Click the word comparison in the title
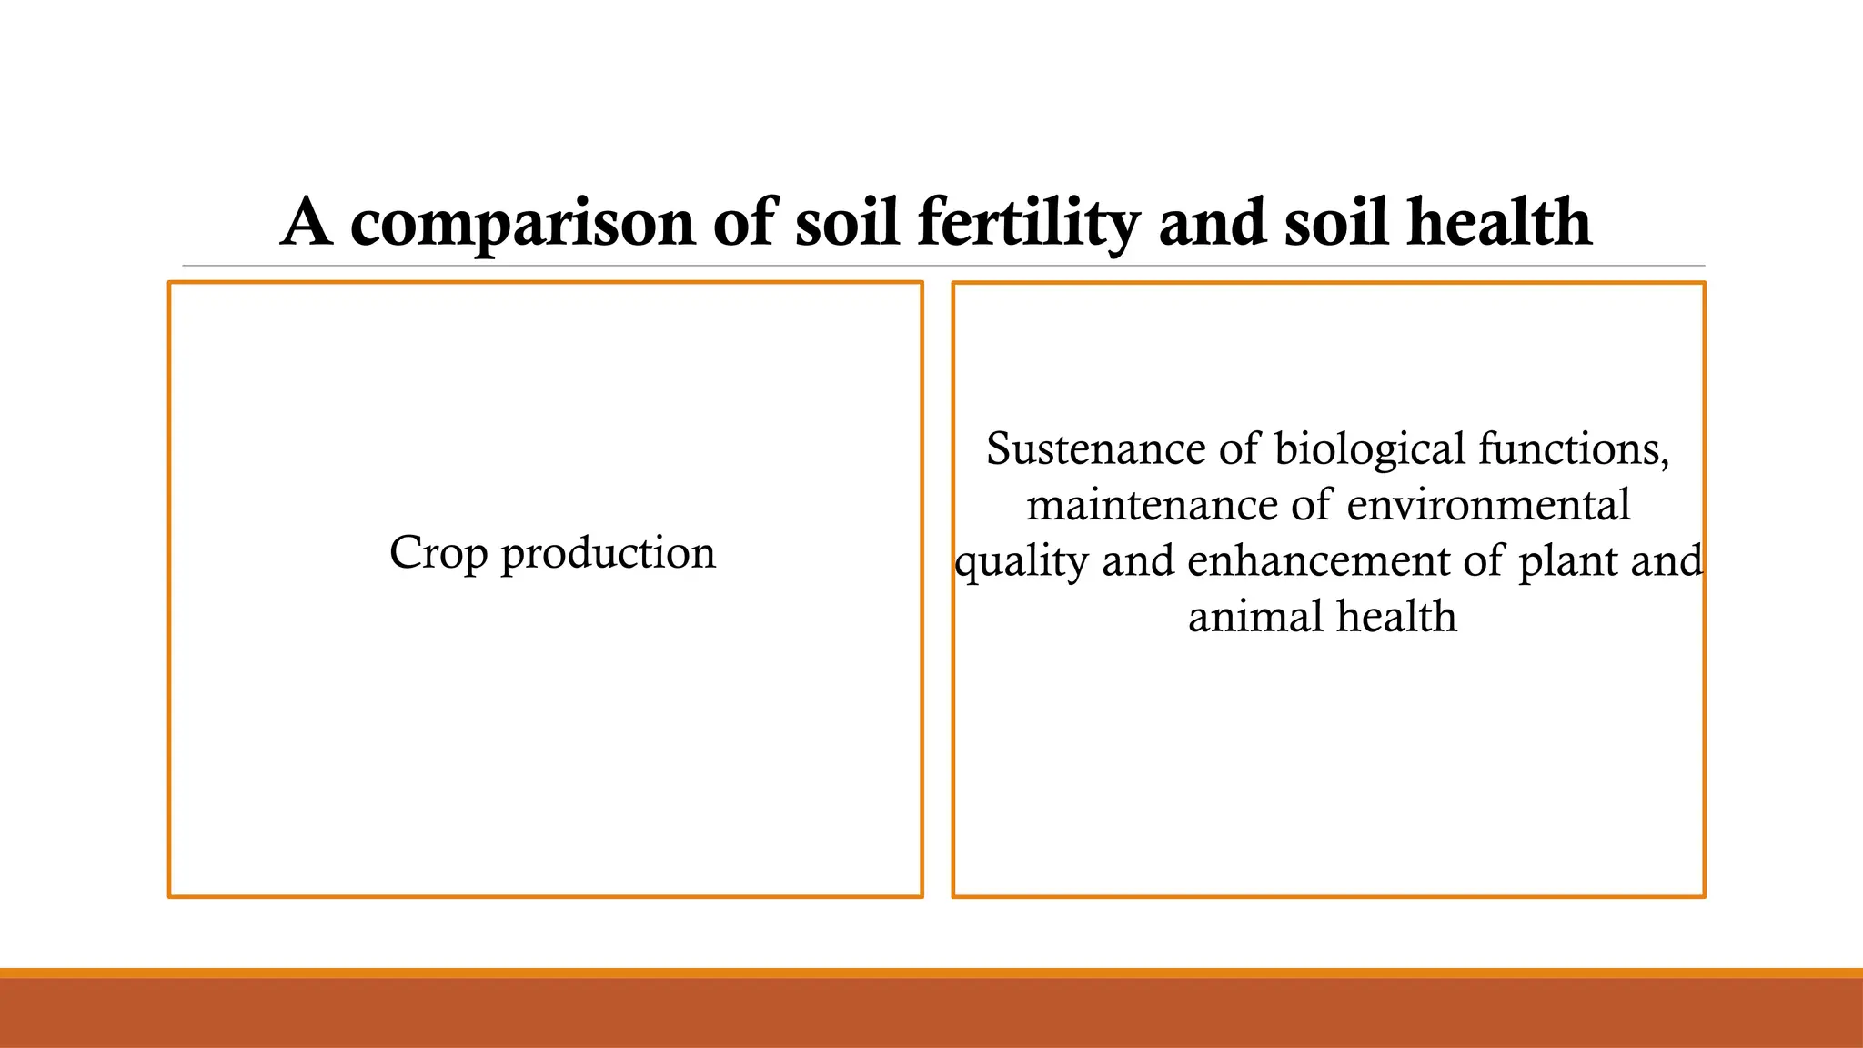click(522, 224)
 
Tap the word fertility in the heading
click(1028, 224)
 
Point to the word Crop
click(438, 552)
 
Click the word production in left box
click(608, 552)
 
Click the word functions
click(1574, 449)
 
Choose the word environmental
click(1488, 505)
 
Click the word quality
click(1021, 561)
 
